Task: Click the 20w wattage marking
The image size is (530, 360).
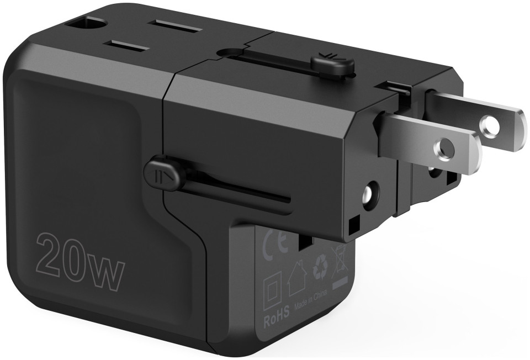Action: pos(79,261)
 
